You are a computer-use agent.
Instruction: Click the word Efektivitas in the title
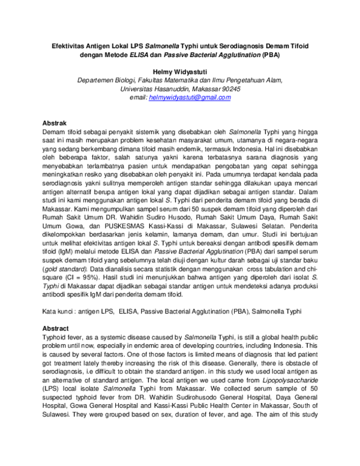point(66,45)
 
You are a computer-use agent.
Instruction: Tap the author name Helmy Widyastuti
point(180,71)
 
